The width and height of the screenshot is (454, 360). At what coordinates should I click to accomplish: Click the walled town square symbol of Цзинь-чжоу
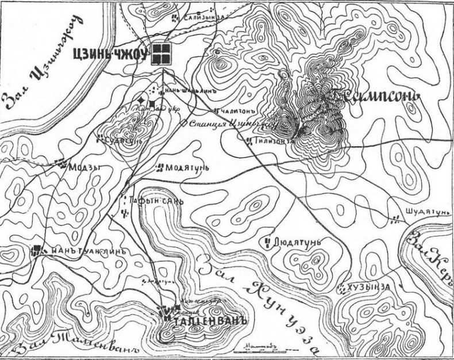point(161,55)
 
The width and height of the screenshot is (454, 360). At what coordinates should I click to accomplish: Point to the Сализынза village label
point(203,18)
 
